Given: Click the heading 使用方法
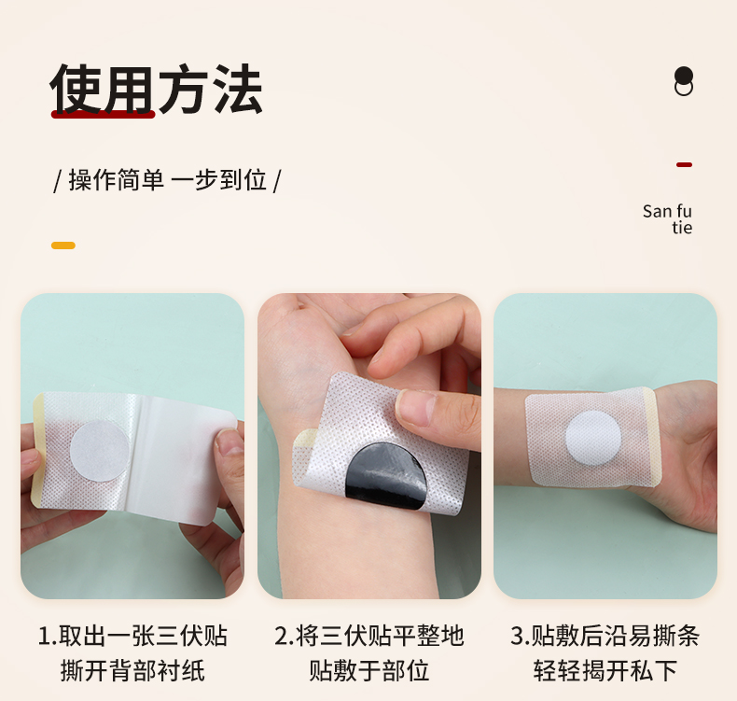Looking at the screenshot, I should pyautogui.click(x=156, y=90).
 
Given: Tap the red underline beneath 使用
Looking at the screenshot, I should pyautogui.click(x=103, y=114).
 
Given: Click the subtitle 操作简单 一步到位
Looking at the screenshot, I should pyautogui.click(x=168, y=179).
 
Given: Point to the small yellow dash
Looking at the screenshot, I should pyautogui.click(x=63, y=245).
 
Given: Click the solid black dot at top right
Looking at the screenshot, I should pyautogui.click(x=684, y=76).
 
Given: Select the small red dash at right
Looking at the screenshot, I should pyautogui.click(x=684, y=164).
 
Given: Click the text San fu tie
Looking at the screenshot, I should pyautogui.click(x=668, y=219).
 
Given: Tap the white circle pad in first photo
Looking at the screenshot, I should pyautogui.click(x=100, y=450).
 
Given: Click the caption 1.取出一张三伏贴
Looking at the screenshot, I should pyautogui.click(x=132, y=637).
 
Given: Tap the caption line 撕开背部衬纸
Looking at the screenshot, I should pyautogui.click(x=132, y=670).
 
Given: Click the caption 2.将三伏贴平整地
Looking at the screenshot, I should pyautogui.click(x=368, y=637).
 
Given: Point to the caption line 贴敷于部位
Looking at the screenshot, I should pyautogui.click(x=368, y=670).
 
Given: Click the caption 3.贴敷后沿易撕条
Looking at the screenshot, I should pyautogui.click(x=605, y=637).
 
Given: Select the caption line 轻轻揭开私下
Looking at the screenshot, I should pyautogui.click(x=605, y=670).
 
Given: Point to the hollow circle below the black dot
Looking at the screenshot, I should pyautogui.click(x=684, y=89).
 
